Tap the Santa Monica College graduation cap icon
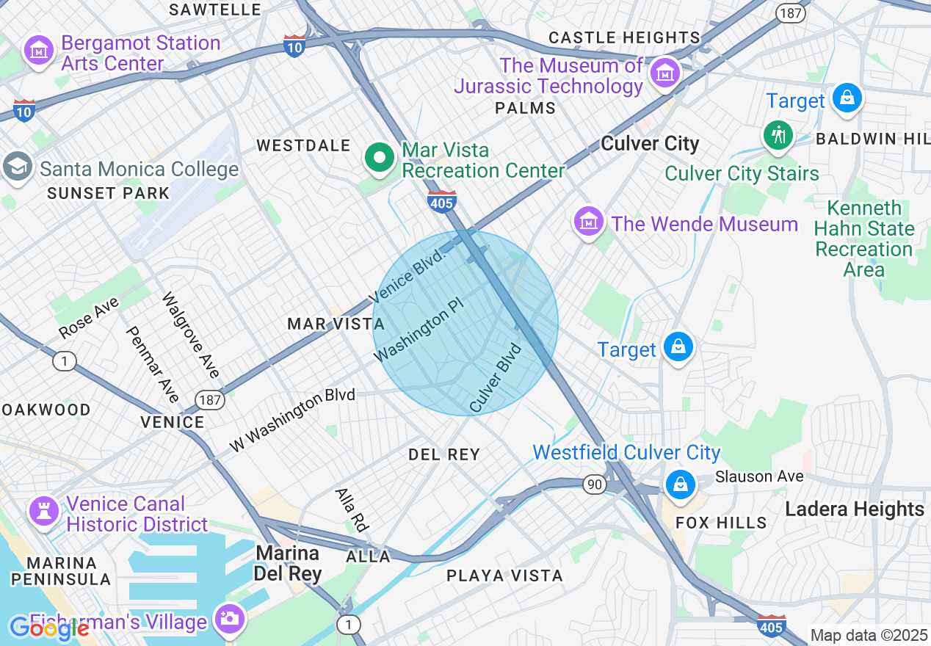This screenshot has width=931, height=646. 17,167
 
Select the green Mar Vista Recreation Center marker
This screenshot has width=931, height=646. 380,157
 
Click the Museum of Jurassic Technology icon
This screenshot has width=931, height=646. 665,73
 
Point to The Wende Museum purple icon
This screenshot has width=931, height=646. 589,221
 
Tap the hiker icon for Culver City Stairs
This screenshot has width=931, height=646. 778,134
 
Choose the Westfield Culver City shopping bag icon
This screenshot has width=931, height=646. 680,484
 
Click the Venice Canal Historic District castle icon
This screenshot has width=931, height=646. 43,511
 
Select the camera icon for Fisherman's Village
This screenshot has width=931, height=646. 229,618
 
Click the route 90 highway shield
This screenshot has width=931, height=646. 594,484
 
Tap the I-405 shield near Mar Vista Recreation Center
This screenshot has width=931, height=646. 441,201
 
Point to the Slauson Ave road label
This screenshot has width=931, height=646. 760,476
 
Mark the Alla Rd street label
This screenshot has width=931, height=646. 352,509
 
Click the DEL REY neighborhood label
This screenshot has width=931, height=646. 444,455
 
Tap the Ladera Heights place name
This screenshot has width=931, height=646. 855,509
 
